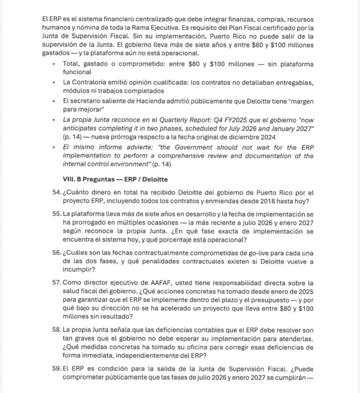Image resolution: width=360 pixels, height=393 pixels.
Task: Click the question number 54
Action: click(56, 192)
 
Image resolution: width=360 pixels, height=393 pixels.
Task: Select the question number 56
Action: click(56, 253)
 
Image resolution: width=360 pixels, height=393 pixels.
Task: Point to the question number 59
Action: click(56, 369)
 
